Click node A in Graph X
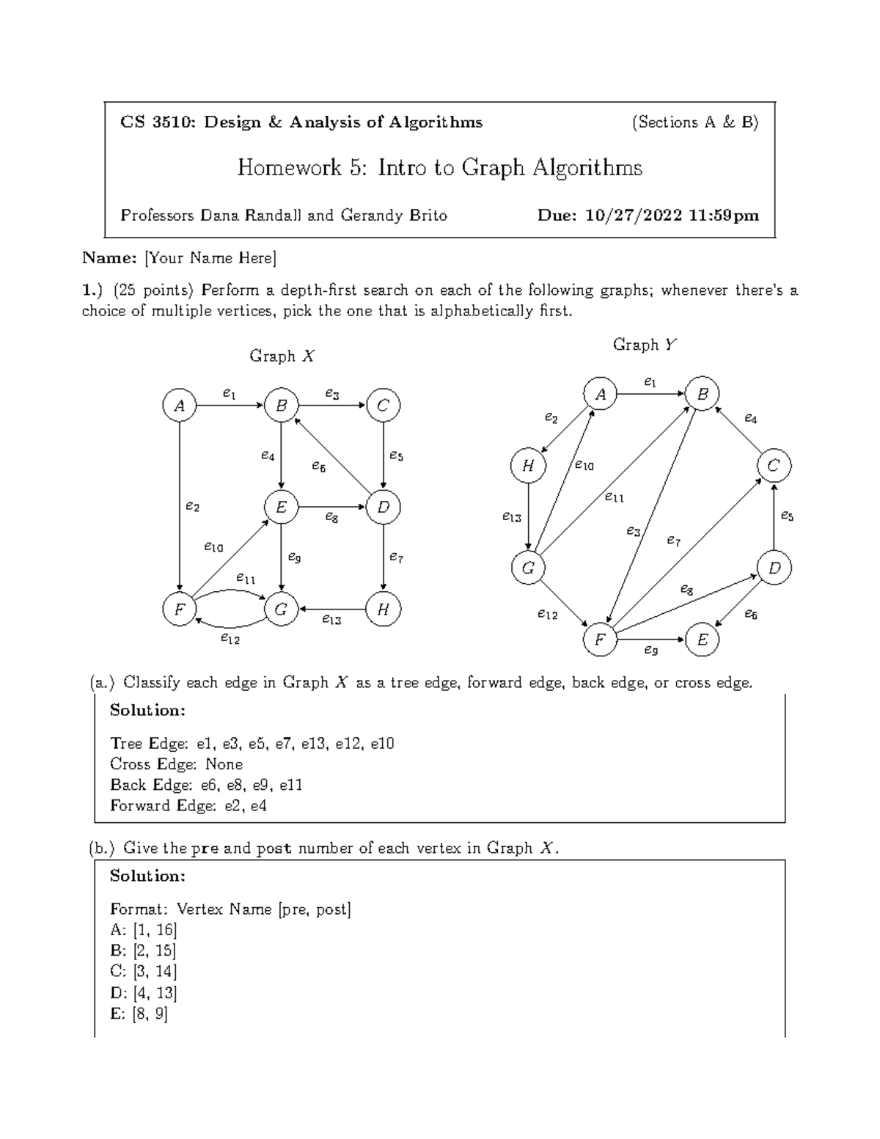[x=180, y=406]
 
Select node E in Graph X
[x=282, y=508]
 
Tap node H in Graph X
[x=383, y=609]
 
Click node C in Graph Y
[x=774, y=466]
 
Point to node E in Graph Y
[x=702, y=640]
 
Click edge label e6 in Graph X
[x=319, y=466]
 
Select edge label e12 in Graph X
[x=230, y=640]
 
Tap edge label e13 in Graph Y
[x=511, y=518]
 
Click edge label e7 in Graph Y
[x=674, y=542]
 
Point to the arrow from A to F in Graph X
[x=180, y=506]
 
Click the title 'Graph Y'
[x=645, y=345]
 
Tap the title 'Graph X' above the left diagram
[x=282, y=356]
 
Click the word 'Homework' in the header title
[x=288, y=168]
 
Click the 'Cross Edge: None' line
[x=176, y=764]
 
